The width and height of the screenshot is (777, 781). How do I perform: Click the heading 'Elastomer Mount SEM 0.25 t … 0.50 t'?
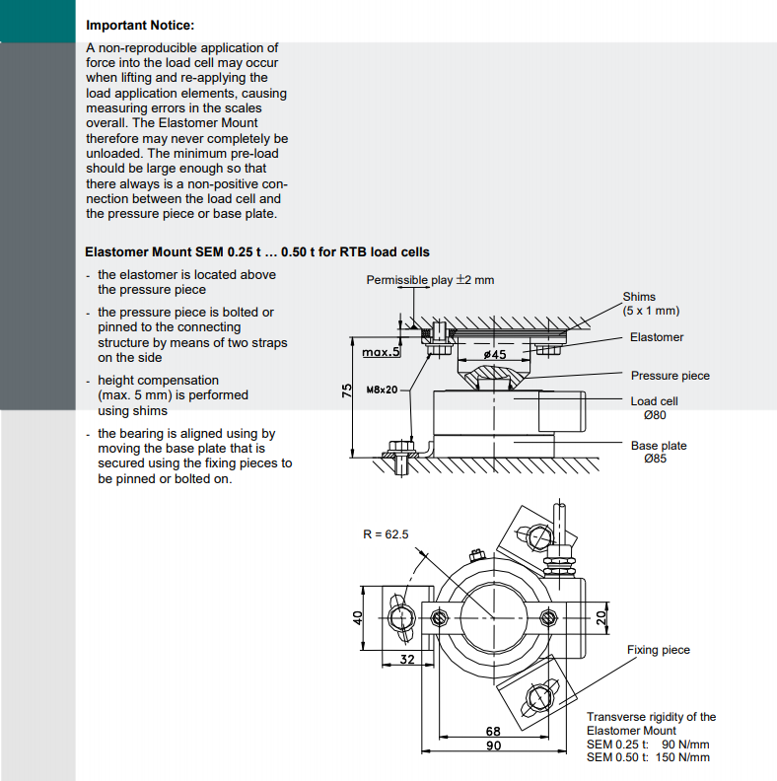257,252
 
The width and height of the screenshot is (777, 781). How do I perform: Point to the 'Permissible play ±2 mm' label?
430,280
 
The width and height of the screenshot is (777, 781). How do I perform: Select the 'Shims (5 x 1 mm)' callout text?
651,304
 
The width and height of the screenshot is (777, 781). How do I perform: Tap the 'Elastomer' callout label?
657,337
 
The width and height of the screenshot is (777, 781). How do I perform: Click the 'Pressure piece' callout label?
670,376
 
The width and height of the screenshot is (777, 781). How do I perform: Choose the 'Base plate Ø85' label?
659,453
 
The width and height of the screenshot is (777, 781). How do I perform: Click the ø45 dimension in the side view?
496,353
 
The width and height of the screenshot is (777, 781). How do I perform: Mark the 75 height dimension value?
347,391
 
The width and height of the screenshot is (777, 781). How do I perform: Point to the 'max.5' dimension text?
381,352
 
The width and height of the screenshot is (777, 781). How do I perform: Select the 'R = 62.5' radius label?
386,534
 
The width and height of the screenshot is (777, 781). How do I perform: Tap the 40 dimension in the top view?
359,617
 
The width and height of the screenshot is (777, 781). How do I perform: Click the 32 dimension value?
405,658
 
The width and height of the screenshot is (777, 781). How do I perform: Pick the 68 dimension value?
494,732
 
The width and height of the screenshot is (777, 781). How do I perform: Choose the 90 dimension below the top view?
494,745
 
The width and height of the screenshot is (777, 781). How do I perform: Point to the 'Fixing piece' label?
658,650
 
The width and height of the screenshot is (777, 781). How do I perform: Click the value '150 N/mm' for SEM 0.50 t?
684,757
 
